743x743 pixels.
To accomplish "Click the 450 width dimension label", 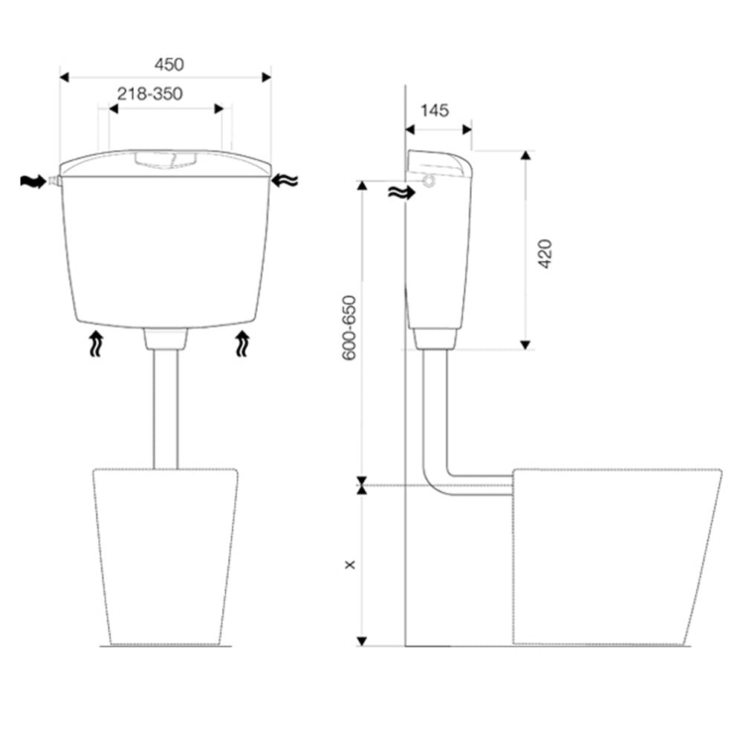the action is coord(169,65).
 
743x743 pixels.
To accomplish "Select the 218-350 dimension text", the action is coord(150,94).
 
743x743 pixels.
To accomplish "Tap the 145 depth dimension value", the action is coord(435,111).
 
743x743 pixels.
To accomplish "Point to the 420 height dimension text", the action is coord(545,254).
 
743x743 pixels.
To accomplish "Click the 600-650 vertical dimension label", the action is coord(349,328).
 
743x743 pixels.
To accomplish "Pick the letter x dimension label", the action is coord(350,565).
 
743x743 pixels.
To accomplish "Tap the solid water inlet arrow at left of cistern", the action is coord(33,181).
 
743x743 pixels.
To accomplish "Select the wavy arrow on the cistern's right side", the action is coord(285,181).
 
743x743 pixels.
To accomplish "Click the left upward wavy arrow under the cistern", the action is coord(96,343).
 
